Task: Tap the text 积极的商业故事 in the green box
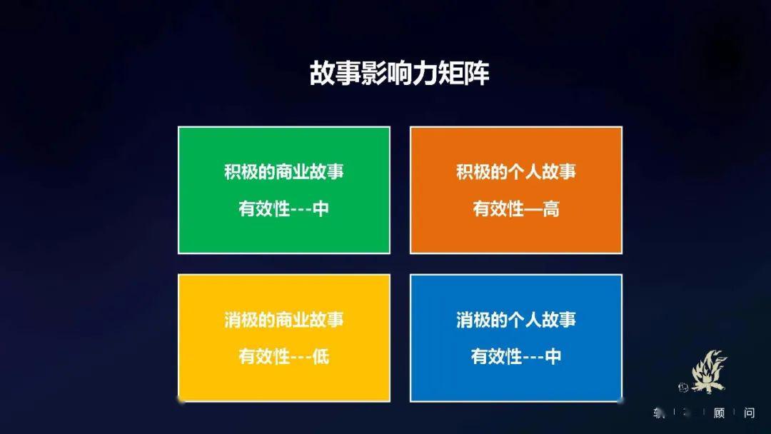pos(283,172)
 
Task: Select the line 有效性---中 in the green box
pos(283,209)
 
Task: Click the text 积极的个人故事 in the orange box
pos(515,172)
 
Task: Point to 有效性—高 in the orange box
pos(515,209)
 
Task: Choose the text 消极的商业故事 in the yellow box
pos(283,319)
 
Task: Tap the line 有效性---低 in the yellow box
pos(283,356)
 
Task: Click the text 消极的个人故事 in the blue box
pos(515,319)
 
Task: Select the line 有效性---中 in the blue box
pos(515,356)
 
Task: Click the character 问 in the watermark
pos(749,413)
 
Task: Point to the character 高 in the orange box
pos(550,209)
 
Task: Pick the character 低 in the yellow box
pos(321,356)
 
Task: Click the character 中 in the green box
pos(321,209)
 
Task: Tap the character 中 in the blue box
pos(553,356)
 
